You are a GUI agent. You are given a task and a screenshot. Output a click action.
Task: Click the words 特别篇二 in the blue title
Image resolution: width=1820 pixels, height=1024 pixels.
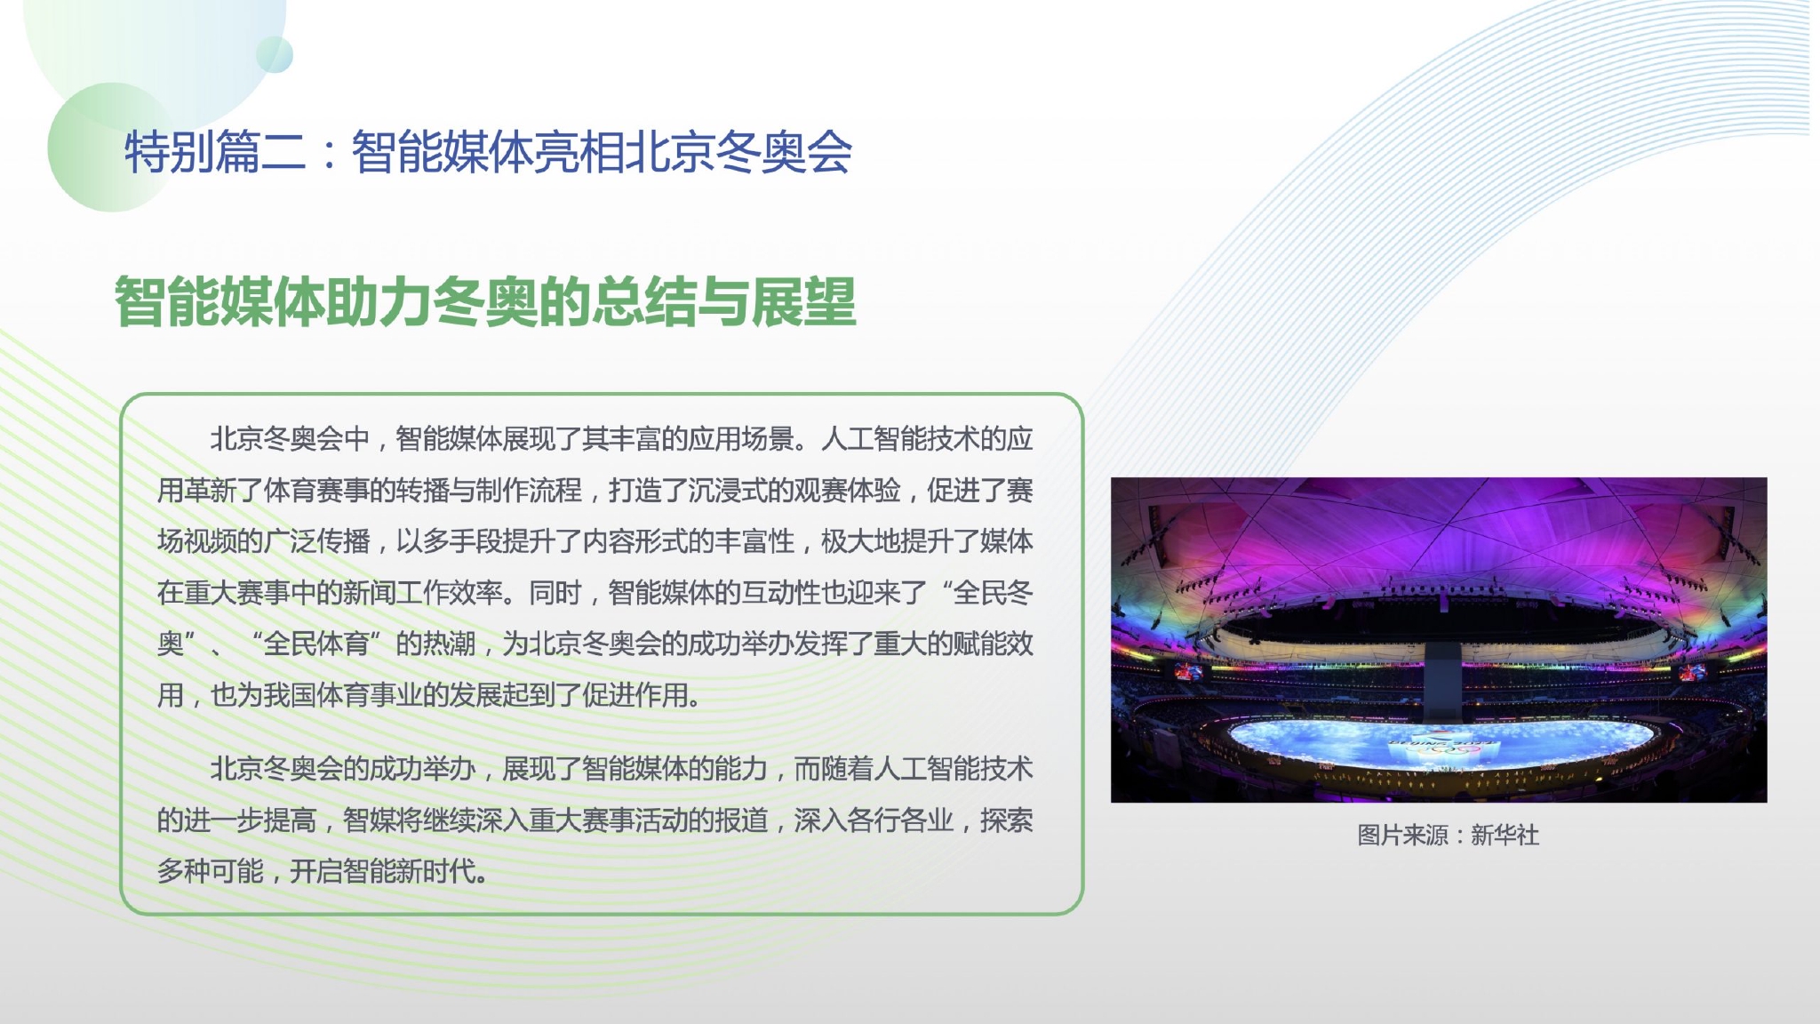click(x=215, y=152)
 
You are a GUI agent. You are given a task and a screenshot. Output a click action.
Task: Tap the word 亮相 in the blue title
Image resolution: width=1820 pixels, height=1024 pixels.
click(x=579, y=152)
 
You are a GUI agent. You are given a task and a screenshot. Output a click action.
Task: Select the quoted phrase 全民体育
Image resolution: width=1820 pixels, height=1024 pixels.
click(x=316, y=644)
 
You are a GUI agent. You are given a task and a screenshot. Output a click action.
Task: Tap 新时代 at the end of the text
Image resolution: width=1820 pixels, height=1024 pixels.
click(x=436, y=871)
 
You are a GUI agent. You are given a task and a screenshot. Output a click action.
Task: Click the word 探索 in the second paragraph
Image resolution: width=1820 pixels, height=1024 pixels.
click(x=1007, y=820)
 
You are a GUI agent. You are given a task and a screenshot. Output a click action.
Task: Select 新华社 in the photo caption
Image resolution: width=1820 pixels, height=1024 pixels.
click(x=1505, y=836)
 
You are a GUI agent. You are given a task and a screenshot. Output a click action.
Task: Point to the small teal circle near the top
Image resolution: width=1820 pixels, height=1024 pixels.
click(x=275, y=55)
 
